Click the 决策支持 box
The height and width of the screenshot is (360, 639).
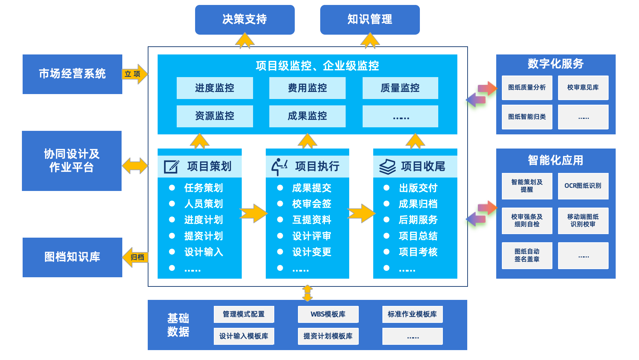tap(245, 19)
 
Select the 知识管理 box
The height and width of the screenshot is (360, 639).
tap(370, 19)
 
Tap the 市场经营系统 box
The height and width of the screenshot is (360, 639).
tap(72, 74)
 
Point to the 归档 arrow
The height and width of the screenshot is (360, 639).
tap(136, 257)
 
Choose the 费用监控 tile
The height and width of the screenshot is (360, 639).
tap(307, 88)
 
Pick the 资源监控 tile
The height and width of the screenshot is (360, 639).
tap(215, 116)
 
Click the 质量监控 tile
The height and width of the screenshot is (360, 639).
tap(400, 88)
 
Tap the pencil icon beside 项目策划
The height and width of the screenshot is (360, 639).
tap(171, 167)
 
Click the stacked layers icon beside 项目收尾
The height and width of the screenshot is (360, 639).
tap(387, 167)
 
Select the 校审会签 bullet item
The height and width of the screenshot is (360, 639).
tap(311, 204)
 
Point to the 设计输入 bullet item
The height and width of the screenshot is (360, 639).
tap(204, 252)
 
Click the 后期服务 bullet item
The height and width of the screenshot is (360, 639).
tap(418, 220)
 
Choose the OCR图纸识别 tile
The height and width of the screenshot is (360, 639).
tap(583, 186)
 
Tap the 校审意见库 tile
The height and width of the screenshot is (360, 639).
tap(583, 87)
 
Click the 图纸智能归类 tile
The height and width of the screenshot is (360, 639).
tap(527, 117)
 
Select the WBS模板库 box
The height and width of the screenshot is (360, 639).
tap(328, 314)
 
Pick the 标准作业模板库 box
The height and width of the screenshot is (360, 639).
tap(412, 314)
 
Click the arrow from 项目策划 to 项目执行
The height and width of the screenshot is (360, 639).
tap(253, 213)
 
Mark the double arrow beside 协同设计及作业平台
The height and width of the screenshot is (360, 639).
tap(135, 166)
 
